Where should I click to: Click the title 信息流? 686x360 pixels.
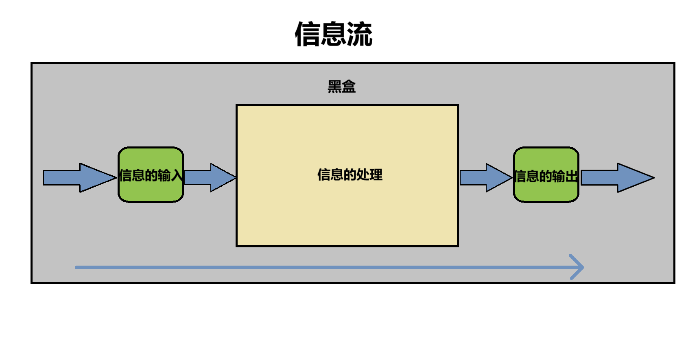(333, 34)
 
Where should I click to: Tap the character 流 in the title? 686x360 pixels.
(359, 34)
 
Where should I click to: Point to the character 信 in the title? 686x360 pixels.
(307, 34)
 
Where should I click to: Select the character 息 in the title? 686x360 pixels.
(333, 34)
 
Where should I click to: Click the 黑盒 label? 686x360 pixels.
(342, 86)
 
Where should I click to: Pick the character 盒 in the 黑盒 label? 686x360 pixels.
(349, 86)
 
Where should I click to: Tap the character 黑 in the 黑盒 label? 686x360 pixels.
(335, 86)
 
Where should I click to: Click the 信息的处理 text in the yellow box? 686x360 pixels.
(350, 175)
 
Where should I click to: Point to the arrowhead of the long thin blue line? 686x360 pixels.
(579, 267)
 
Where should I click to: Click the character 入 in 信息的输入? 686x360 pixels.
(177, 176)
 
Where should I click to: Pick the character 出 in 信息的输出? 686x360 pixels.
(572, 176)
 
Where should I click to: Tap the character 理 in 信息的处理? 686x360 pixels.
(376, 175)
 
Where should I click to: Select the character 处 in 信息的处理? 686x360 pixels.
(363, 175)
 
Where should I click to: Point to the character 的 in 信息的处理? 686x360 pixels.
(350, 175)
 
